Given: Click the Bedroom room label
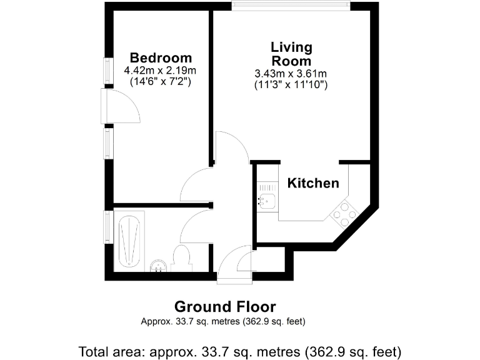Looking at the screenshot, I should coord(161,58).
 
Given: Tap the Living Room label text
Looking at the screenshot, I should coord(291,54).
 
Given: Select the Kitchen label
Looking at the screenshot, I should coord(313,183).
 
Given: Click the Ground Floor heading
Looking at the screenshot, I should coord(224,306).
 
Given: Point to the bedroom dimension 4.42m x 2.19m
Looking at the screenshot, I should coord(161,70).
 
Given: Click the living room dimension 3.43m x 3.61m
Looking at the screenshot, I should coord(291,73).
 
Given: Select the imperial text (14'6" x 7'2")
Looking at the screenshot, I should coord(161,81).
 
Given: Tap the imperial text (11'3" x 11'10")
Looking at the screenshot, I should coord(291,84).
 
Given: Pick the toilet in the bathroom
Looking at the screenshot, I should coord(181,257).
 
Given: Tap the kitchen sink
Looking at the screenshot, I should coord(267,201).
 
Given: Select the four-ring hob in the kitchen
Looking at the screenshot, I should coord(344,214).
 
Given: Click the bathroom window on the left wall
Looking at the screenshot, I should coord(108,227).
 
